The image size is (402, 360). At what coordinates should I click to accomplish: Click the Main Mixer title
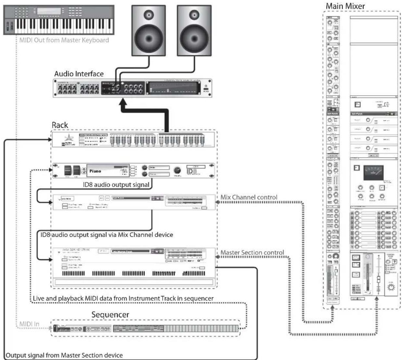pos(345,6)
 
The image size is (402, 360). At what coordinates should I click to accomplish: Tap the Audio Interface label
pos(79,74)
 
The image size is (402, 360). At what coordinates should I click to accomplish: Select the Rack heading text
pos(60,125)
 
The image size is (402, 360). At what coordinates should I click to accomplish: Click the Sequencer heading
pos(110,314)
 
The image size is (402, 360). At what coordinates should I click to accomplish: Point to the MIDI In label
pos(29,324)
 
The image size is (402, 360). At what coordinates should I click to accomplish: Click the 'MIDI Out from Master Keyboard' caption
pos(64,40)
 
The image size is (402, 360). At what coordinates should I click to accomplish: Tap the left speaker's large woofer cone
pos(149,36)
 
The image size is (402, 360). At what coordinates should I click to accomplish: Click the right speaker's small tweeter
pos(194,15)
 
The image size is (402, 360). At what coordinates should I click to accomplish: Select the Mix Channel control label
pos(249,197)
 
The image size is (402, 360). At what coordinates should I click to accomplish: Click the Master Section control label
pos(252,252)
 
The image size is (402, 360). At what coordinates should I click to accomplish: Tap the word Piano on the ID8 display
pos(95,171)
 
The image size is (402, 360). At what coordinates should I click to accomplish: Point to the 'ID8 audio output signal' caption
pos(116,185)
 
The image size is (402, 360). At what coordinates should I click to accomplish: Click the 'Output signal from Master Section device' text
pos(64,355)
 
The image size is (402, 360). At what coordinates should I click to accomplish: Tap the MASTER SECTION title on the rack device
pos(76,250)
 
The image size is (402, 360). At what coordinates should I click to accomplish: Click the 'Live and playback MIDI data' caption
pos(123,298)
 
